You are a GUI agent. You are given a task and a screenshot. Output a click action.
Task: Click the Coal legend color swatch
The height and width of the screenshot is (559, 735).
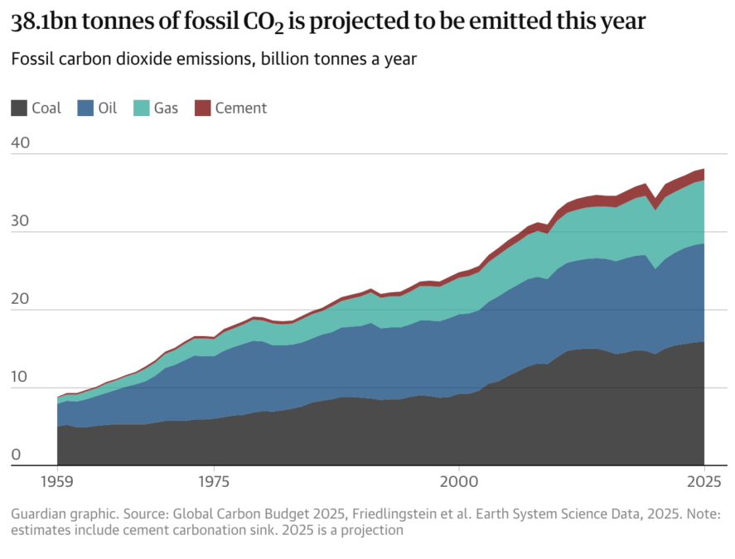19,108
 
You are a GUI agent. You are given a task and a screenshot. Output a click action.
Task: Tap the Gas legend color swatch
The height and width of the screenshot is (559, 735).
140,108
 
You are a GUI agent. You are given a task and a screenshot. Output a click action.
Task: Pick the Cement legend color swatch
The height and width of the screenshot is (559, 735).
203,108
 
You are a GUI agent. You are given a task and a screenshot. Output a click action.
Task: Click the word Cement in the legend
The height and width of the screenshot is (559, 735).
241,108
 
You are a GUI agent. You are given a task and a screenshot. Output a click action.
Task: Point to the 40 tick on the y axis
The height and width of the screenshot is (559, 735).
21,142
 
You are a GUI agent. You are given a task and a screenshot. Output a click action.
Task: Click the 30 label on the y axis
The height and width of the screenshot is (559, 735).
21,220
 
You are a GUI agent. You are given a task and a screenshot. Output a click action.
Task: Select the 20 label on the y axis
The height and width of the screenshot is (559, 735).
21,298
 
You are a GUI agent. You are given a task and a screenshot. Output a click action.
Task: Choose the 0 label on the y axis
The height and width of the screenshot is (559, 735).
16,454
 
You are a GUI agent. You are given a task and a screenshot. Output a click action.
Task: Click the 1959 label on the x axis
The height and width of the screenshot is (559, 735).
57,481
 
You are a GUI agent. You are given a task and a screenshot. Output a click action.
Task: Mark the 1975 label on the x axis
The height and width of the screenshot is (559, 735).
214,481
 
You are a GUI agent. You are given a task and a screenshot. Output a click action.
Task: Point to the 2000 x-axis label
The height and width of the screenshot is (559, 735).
458,481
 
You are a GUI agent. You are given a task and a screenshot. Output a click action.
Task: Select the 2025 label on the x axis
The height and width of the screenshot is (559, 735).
704,481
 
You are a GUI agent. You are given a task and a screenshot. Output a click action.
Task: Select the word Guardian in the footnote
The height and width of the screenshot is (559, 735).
40,514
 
